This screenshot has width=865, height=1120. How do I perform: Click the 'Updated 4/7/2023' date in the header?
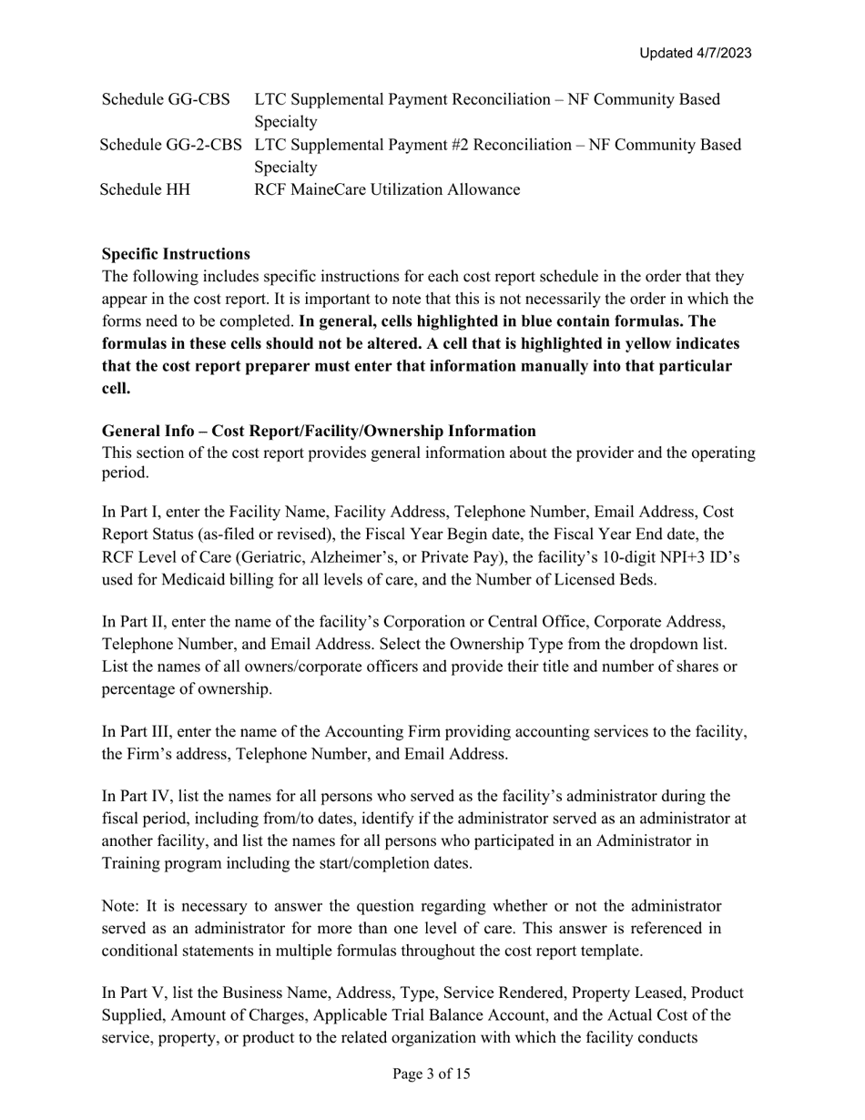[x=695, y=53]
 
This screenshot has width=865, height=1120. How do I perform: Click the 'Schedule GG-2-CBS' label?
[x=173, y=144]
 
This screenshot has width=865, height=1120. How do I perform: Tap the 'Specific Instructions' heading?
[x=176, y=253]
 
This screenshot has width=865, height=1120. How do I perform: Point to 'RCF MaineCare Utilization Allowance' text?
[x=387, y=189]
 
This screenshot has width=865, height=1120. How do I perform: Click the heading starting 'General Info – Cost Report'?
[x=319, y=431]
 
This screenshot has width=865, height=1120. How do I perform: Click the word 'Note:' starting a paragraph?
[x=121, y=906]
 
